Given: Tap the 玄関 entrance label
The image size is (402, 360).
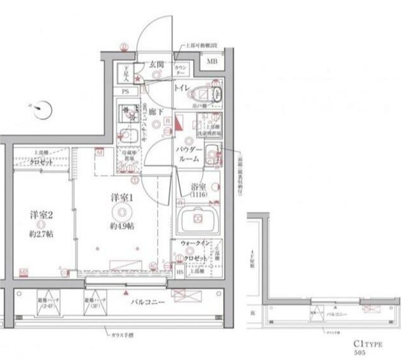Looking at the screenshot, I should click(156, 64).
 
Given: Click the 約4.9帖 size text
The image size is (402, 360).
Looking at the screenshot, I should click(121, 226).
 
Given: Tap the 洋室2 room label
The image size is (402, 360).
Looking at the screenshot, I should click(40, 214).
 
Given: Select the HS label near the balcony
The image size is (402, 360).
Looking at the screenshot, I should click(180, 271).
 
